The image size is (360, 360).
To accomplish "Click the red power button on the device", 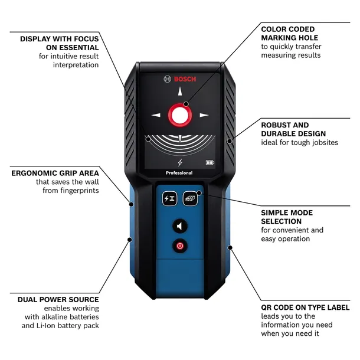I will click(179, 246).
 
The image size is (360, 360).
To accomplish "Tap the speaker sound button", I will click(179, 226).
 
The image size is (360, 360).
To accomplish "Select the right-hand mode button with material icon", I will click(190, 199).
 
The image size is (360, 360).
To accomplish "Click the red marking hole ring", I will click(179, 115).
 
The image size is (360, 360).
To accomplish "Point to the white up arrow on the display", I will click(179, 91).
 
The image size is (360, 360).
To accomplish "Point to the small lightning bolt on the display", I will click(179, 163).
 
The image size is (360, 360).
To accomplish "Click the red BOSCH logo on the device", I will click(179, 80).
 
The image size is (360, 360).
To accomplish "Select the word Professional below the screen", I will click(179, 173).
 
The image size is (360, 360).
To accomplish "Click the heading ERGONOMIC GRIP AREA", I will click(55, 174).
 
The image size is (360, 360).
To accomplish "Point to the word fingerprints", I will click(79, 191).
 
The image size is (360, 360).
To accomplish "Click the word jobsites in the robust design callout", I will click(322, 142).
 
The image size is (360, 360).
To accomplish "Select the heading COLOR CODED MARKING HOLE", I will click(288, 33).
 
